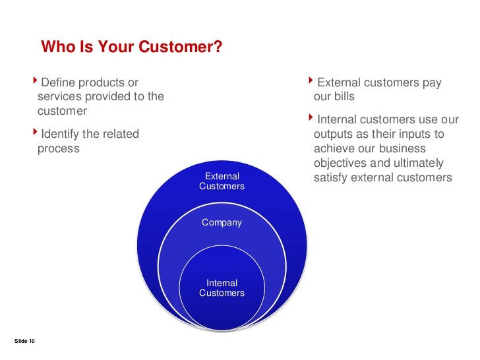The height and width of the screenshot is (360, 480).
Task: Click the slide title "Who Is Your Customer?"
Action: coord(131,47)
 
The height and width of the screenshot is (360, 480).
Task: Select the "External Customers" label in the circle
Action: coord(222,181)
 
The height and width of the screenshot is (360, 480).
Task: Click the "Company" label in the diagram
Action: coord(222,223)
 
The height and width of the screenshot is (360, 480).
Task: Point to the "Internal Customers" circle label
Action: coord(222,288)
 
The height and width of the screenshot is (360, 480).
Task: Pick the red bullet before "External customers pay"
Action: coord(312,82)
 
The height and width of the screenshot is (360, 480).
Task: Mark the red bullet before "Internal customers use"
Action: coord(312,119)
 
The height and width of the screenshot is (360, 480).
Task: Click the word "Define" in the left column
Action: coord(59,82)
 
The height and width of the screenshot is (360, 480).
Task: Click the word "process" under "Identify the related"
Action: coord(58,149)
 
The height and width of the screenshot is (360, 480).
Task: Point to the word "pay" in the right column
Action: coord(432,82)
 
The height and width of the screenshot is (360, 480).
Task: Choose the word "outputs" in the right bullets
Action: coord(334,134)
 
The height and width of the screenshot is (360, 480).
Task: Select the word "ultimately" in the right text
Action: coord(418,164)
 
